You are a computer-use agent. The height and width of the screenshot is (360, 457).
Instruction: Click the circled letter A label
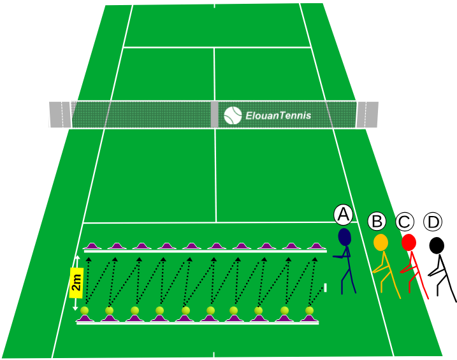(x=344, y=215)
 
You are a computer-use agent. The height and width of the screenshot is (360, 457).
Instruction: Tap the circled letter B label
(x=377, y=221)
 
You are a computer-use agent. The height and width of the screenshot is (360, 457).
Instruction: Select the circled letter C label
(x=405, y=222)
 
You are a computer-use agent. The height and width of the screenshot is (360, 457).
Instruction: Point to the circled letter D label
(x=433, y=222)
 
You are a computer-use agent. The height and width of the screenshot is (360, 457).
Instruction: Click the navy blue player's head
(x=344, y=237)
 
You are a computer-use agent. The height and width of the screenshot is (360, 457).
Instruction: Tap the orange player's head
(x=381, y=242)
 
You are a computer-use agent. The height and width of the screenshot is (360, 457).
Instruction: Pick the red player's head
(x=409, y=242)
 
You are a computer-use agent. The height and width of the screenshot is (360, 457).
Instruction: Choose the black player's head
(x=437, y=245)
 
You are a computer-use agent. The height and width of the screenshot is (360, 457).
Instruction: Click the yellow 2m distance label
(x=76, y=283)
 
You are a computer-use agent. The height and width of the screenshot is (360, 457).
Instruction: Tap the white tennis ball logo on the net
(x=233, y=115)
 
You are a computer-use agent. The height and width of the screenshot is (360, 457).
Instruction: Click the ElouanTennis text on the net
(x=279, y=115)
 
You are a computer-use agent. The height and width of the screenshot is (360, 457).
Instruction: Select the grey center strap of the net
(x=215, y=114)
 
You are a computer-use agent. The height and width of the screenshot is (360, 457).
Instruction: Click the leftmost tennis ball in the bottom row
(x=85, y=310)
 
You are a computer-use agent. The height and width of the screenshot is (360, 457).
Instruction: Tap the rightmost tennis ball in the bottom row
(x=310, y=310)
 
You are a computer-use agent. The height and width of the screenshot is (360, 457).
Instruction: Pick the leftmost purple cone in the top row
(x=92, y=246)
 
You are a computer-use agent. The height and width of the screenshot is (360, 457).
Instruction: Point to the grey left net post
(x=60, y=115)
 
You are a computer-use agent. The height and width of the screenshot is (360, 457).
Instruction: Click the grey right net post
(x=368, y=115)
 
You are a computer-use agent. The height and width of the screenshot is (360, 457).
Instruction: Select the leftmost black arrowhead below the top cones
(x=89, y=259)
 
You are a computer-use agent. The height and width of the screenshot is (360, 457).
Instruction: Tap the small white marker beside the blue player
(x=325, y=287)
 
